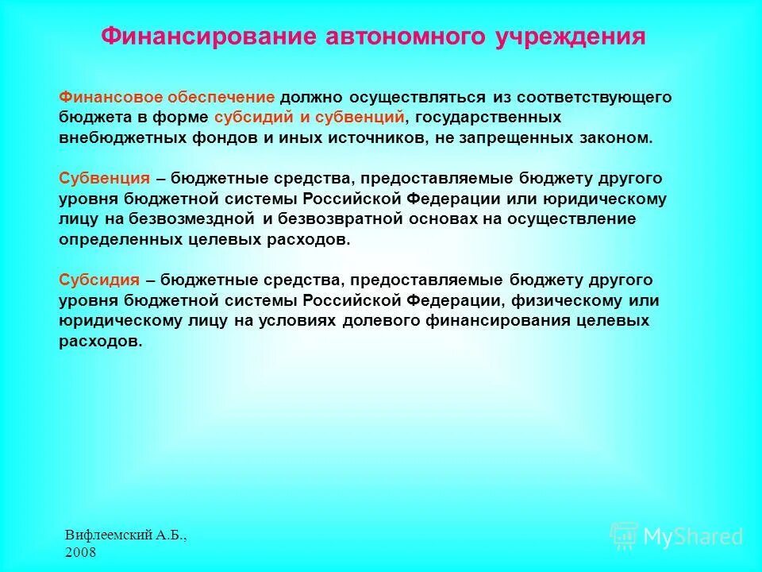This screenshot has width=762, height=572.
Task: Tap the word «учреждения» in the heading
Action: (x=571, y=37)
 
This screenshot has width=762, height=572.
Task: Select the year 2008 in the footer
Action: (x=80, y=553)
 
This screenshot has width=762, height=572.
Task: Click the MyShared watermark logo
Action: (x=676, y=536)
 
